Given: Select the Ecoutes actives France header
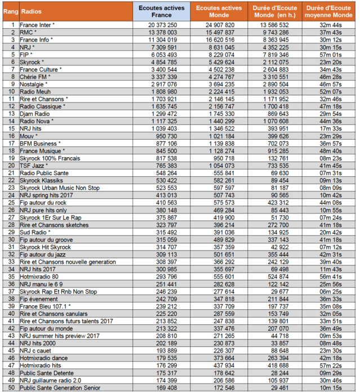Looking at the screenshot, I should [x=160, y=11].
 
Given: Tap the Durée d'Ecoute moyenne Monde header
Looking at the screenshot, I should [x=329, y=11].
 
